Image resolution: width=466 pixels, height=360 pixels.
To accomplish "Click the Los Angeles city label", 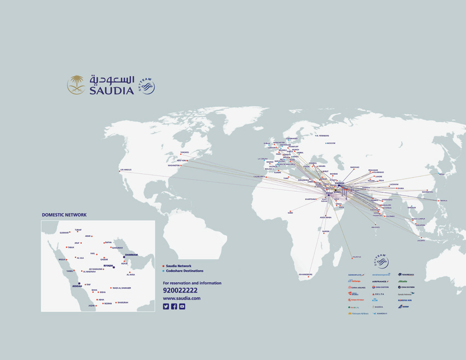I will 127,169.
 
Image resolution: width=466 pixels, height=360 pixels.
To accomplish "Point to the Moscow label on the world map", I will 331,143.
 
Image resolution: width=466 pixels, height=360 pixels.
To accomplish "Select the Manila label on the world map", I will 444,201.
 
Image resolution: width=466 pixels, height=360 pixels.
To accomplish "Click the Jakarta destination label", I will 421,240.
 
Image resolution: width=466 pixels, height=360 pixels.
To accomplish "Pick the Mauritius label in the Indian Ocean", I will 357,256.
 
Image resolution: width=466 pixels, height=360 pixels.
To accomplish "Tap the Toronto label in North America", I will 185,152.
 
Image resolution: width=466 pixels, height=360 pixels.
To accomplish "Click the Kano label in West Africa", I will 291,213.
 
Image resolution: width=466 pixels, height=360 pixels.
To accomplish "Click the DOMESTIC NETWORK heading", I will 64,215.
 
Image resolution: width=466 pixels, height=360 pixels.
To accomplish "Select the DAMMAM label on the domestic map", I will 132,254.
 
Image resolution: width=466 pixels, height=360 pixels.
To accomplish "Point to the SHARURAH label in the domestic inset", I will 123,302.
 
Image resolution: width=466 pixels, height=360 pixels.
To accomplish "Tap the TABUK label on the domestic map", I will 71,247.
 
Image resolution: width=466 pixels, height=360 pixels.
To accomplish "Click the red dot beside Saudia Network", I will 163,266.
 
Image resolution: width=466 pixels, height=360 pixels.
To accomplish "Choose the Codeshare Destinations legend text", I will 185,271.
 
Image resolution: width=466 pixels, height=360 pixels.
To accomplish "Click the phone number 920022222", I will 180,290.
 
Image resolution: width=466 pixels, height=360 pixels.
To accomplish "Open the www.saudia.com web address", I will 181,298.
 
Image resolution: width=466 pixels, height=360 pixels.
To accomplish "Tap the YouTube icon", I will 182,307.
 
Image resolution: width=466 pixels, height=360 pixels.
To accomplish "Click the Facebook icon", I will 174,307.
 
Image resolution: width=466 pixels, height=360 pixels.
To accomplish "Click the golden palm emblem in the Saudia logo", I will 76,85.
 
